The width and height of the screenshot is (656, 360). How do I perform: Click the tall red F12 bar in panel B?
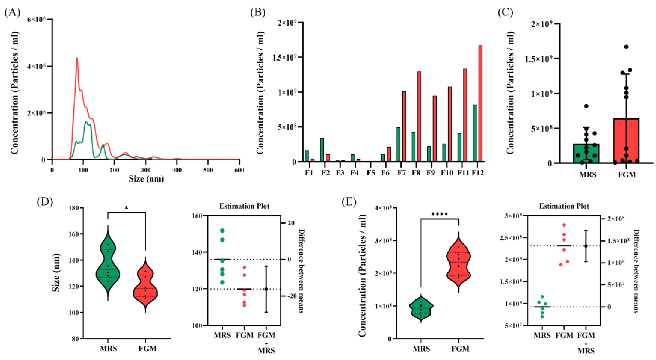pyautogui.click(x=480, y=104)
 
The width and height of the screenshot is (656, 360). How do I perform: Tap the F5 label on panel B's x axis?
pyautogui.click(x=371, y=173)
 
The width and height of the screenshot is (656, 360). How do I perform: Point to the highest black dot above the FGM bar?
pyautogui.click(x=626, y=47)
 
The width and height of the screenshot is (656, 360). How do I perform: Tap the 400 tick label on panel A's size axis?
pyautogui.click(x=177, y=170)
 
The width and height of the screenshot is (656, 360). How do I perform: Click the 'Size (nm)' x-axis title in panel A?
pyautogui.click(x=146, y=179)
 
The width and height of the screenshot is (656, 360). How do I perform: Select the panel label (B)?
pyautogui.click(x=258, y=12)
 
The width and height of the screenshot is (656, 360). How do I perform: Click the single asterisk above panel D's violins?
pyautogui.click(x=126, y=208)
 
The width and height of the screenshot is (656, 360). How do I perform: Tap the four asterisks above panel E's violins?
pyautogui.click(x=440, y=215)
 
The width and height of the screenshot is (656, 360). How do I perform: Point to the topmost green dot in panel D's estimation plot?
pyautogui.click(x=222, y=231)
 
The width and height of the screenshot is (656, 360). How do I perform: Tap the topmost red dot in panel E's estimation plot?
pyautogui.click(x=564, y=225)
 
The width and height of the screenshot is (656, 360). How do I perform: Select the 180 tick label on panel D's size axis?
pyautogui.click(x=74, y=208)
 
